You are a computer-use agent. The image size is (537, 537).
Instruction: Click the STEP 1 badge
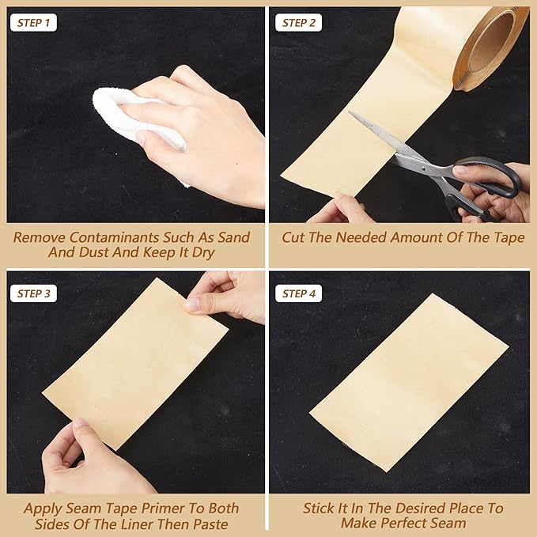[x=32, y=23]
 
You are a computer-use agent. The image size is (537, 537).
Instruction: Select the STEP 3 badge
[x=32, y=293]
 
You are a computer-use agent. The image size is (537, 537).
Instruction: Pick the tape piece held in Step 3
[x=134, y=363]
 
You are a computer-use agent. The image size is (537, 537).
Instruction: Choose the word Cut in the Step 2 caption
[x=294, y=237]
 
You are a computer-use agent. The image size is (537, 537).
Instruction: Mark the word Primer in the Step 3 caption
[x=153, y=508]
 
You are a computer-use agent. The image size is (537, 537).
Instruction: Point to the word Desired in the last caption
[x=411, y=508]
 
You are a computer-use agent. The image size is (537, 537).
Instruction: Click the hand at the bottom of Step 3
[x=87, y=459]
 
